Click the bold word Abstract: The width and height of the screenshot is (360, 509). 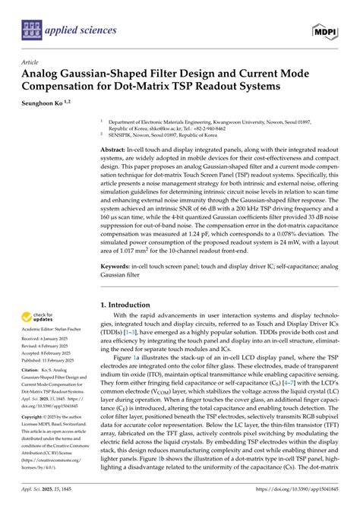(116, 151)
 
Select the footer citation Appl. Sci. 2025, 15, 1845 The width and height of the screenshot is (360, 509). (51, 501)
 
